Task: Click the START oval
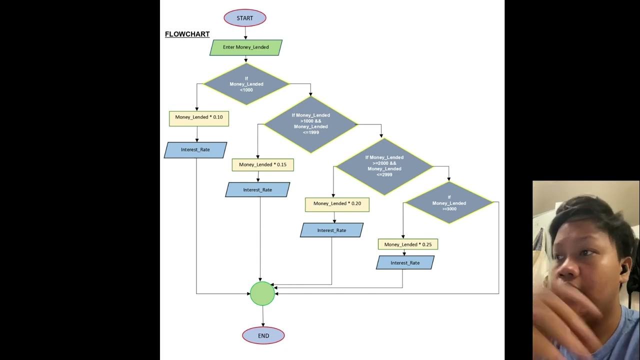(x=245, y=18)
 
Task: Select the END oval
(x=263, y=335)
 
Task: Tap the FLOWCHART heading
(x=187, y=34)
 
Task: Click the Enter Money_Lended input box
(x=246, y=47)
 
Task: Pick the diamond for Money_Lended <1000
(x=246, y=84)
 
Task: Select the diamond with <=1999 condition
(x=310, y=124)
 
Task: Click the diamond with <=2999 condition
(x=384, y=166)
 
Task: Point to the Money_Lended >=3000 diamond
(x=449, y=202)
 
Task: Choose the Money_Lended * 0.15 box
(x=262, y=165)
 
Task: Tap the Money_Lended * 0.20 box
(x=337, y=204)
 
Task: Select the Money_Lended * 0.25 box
(x=408, y=244)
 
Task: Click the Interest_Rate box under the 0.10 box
(x=195, y=150)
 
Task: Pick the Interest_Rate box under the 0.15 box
(x=257, y=190)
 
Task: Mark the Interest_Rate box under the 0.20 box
(x=331, y=230)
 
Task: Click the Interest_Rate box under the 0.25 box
(x=405, y=263)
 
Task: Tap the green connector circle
(x=262, y=293)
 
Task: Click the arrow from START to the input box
(x=245, y=33)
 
